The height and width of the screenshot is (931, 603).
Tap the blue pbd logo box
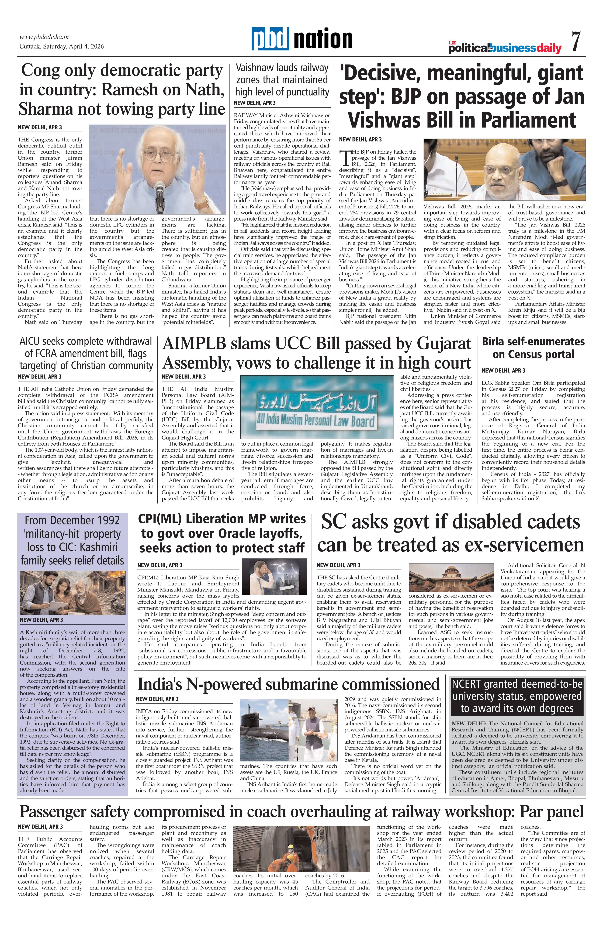pos(270,39)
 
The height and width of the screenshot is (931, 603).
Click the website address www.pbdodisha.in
pos(44,37)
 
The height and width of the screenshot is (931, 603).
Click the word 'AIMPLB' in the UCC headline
pos(194,344)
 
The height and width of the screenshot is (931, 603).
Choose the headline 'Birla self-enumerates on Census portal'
pos(533,348)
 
